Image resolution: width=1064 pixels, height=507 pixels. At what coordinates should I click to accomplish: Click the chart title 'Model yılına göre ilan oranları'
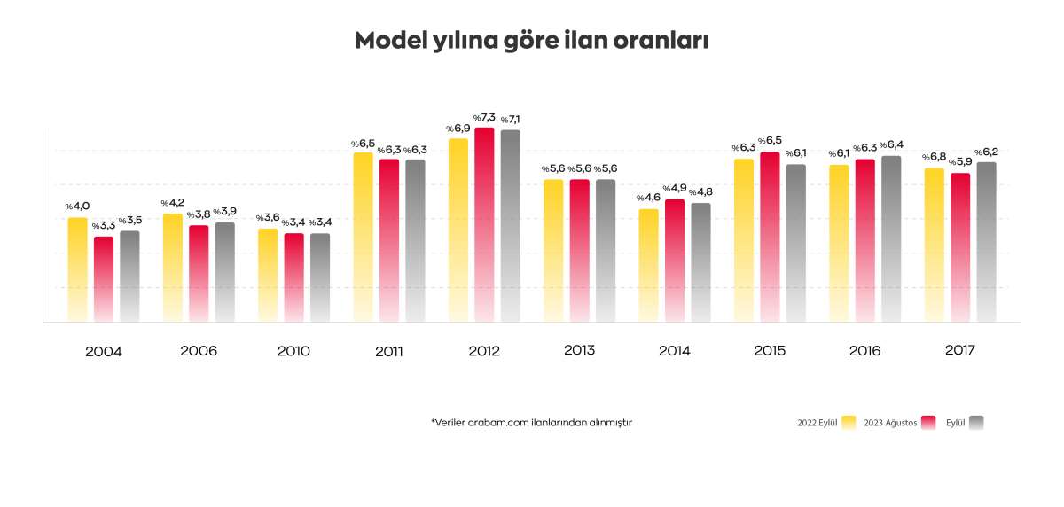tap(531, 41)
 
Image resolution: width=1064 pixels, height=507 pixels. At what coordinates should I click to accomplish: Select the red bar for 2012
tap(484, 226)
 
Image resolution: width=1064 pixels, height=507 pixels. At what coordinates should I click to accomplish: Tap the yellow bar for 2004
tap(78, 270)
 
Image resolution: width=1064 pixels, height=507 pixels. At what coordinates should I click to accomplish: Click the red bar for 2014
tap(675, 261)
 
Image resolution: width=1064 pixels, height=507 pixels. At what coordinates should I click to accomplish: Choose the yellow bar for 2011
tap(364, 238)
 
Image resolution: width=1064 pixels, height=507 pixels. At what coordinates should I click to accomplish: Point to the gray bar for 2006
tap(224, 272)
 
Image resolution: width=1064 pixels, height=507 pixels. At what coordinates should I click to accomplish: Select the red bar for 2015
tap(770, 238)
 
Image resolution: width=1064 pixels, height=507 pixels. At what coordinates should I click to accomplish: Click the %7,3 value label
tap(483, 118)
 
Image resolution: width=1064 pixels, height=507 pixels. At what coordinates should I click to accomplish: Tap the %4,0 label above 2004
tap(77, 207)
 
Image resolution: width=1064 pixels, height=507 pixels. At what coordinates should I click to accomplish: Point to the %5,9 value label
tap(959, 162)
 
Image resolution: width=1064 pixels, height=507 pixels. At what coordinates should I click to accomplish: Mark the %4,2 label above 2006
tap(173, 203)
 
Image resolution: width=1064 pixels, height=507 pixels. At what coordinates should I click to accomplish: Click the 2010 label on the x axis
tap(293, 351)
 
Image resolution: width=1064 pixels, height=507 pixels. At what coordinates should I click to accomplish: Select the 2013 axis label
tap(579, 350)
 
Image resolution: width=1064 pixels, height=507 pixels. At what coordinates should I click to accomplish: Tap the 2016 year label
tap(864, 351)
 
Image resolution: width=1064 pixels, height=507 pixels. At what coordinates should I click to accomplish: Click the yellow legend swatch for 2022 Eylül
tap(849, 423)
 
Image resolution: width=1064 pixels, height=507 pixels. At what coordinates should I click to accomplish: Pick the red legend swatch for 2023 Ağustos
tap(929, 423)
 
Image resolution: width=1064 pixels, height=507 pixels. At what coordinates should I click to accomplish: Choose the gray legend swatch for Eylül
tap(976, 423)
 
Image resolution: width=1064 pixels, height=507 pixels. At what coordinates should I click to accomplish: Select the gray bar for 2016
tap(891, 239)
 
